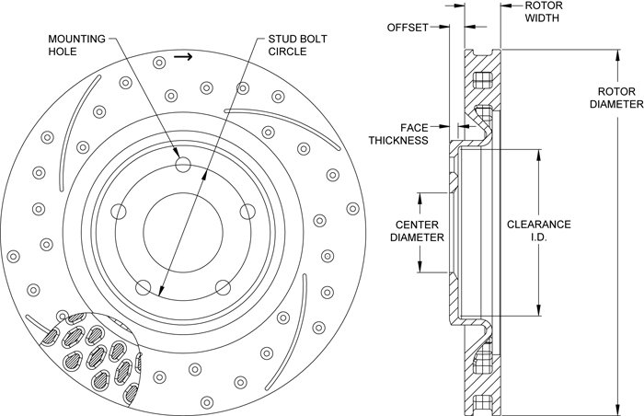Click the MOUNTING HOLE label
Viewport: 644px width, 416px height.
[x=76, y=45]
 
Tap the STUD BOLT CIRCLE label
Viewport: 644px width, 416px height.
[x=298, y=45]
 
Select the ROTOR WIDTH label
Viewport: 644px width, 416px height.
[x=544, y=12]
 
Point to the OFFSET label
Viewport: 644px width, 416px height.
[x=408, y=28]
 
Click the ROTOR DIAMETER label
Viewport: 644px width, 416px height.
[x=616, y=98]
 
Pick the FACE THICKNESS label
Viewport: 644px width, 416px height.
[x=398, y=134]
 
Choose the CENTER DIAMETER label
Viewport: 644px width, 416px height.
[x=417, y=231]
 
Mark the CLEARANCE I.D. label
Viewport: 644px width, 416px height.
[x=538, y=230]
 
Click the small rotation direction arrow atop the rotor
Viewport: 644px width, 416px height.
[x=183, y=57]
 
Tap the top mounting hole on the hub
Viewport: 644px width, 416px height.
[x=183, y=165]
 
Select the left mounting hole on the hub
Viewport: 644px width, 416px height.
[x=119, y=212]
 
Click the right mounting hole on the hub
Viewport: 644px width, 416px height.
[x=247, y=212]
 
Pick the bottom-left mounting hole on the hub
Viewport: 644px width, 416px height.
[x=143, y=287]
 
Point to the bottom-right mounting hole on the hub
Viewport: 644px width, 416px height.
[x=223, y=287]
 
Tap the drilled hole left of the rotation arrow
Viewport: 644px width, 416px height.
[x=159, y=63]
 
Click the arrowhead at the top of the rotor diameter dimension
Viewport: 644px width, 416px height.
[x=617, y=56]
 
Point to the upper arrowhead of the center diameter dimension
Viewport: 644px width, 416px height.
[x=420, y=199]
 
